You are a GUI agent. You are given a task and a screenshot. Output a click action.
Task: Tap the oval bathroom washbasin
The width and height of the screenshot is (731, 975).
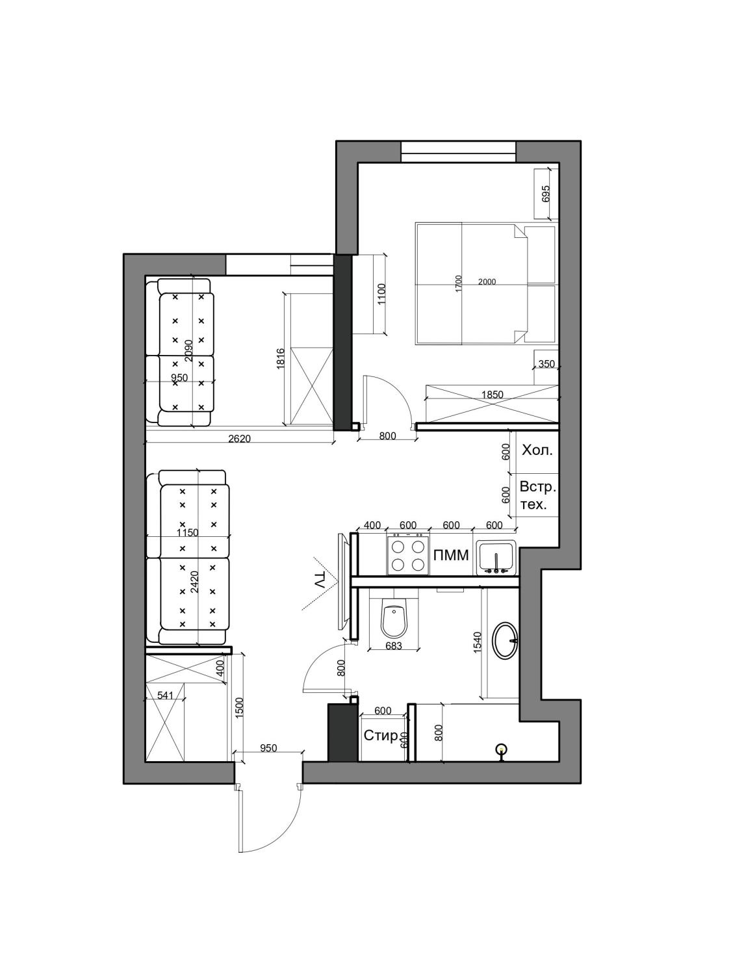pyautogui.click(x=505, y=640)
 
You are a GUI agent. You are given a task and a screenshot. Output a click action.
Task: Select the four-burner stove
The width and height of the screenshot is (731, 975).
pyautogui.click(x=408, y=555)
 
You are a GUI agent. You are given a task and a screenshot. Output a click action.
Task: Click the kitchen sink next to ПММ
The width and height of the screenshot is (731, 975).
pyautogui.click(x=496, y=558)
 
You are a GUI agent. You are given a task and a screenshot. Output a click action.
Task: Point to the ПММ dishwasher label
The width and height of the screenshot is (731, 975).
pyautogui.click(x=451, y=555)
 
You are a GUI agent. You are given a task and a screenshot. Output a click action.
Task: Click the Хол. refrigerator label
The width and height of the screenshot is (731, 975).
pyautogui.click(x=537, y=451)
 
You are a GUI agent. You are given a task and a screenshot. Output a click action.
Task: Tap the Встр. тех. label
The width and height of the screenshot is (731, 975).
pyautogui.click(x=537, y=496)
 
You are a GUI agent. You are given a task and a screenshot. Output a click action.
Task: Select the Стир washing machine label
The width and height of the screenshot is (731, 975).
pyautogui.click(x=381, y=736)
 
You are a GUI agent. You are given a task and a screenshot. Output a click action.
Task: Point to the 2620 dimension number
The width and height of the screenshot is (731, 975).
pyautogui.click(x=239, y=439)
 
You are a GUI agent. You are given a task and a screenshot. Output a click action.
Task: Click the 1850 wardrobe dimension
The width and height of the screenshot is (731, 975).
pyautogui.click(x=492, y=395)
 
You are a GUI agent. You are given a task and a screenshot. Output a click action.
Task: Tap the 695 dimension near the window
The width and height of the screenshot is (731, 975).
pyautogui.click(x=545, y=193)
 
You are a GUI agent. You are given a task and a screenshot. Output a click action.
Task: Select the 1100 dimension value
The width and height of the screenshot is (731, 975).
pyautogui.click(x=382, y=294)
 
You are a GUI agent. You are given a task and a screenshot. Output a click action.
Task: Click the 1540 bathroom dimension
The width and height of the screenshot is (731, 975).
pyautogui.click(x=477, y=642)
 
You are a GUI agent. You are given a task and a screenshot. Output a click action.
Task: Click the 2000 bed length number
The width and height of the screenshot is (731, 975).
pyautogui.click(x=487, y=281)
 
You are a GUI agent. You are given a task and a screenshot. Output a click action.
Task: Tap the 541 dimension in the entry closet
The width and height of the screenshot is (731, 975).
pyautogui.click(x=164, y=695)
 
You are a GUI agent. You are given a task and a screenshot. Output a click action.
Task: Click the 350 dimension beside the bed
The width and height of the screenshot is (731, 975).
pyautogui.click(x=546, y=364)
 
